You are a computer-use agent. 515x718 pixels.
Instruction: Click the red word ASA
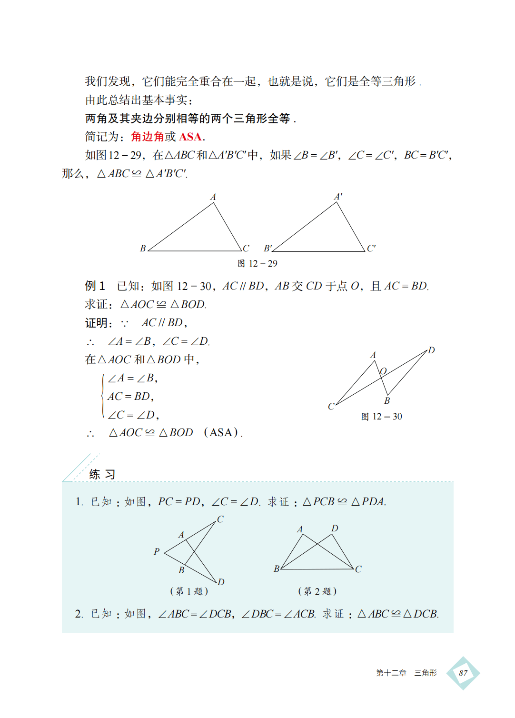190,137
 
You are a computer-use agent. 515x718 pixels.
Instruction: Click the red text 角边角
148,137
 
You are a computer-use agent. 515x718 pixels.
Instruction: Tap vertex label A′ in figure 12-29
338,197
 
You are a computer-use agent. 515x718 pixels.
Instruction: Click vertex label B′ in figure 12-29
268,248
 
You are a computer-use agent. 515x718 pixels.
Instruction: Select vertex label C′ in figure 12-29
371,248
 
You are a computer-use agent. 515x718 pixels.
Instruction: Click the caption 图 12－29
257,264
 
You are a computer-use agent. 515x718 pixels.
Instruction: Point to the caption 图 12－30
381,417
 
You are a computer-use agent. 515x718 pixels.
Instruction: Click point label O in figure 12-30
383,371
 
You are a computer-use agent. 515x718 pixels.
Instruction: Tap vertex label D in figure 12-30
431,350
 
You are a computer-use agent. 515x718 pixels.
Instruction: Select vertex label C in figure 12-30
331,406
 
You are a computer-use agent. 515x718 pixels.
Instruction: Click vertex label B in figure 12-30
387,400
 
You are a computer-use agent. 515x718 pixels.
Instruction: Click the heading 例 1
95,286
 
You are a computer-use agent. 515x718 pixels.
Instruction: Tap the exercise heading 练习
102,474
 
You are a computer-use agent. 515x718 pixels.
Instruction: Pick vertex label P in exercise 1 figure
157,551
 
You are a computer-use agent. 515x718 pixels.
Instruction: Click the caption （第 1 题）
189,591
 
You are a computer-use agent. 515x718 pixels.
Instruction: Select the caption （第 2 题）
317,591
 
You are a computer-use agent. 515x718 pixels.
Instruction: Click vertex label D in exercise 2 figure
335,529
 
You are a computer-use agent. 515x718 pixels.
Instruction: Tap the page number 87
463,673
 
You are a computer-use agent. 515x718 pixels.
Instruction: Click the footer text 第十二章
391,673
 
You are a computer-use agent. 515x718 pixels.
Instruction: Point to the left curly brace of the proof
103,396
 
